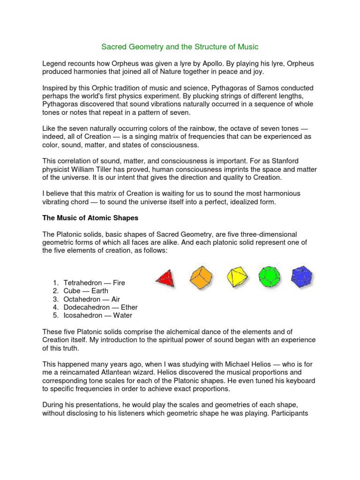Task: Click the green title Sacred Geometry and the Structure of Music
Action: (180, 47)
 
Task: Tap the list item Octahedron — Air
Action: (92, 299)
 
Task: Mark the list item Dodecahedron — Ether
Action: (100, 307)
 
